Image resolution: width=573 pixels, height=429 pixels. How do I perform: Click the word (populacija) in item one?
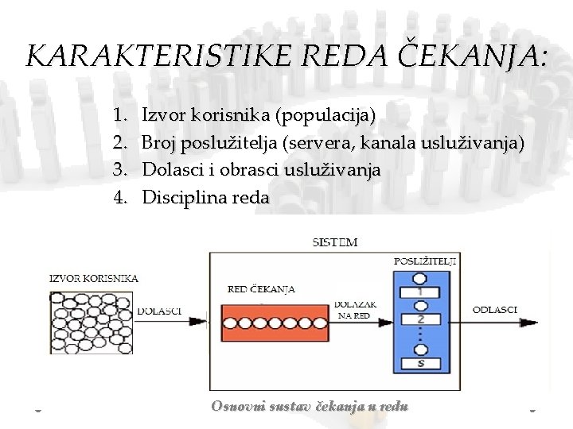point(325,116)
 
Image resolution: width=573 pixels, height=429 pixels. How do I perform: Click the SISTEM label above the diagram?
point(335,242)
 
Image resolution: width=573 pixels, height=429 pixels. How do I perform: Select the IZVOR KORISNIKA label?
point(93,278)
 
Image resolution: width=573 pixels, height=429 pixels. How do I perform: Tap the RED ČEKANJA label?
point(261,289)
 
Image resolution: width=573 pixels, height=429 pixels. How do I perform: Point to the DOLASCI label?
point(159,311)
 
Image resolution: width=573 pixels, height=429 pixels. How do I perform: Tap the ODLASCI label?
point(495,309)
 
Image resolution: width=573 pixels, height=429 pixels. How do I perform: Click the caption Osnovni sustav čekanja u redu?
point(310,406)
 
